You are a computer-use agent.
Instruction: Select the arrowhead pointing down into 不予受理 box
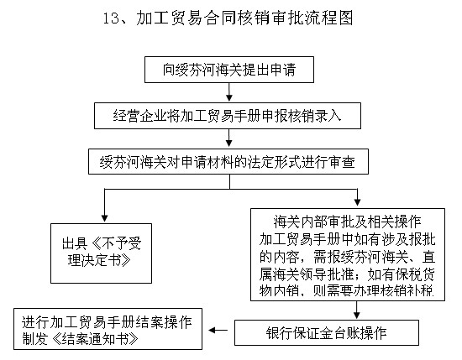click(x=103, y=217)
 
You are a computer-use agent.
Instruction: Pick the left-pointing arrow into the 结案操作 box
click(x=219, y=331)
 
